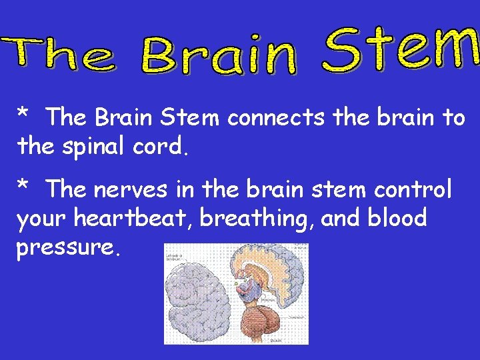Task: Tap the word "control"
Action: [x=413, y=190]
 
